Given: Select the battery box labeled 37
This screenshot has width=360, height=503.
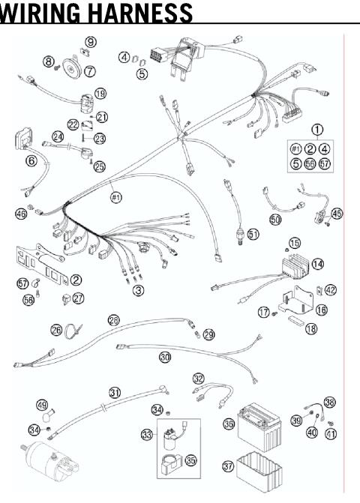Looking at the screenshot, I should [257, 471].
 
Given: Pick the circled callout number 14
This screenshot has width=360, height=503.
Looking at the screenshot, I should [317, 264].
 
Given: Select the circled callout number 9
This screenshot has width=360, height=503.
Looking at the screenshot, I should [90, 42].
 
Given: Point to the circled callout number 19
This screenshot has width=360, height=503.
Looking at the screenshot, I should [100, 93].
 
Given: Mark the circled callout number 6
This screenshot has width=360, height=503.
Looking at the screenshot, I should [31, 160].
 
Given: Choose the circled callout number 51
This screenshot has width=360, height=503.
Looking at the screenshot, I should [253, 234].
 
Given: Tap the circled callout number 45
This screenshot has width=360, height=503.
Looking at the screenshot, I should [337, 214].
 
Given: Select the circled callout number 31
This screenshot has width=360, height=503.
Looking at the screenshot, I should [115, 392].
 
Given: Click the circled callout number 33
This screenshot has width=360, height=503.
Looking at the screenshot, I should [146, 434].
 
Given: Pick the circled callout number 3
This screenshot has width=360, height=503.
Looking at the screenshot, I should [138, 289].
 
